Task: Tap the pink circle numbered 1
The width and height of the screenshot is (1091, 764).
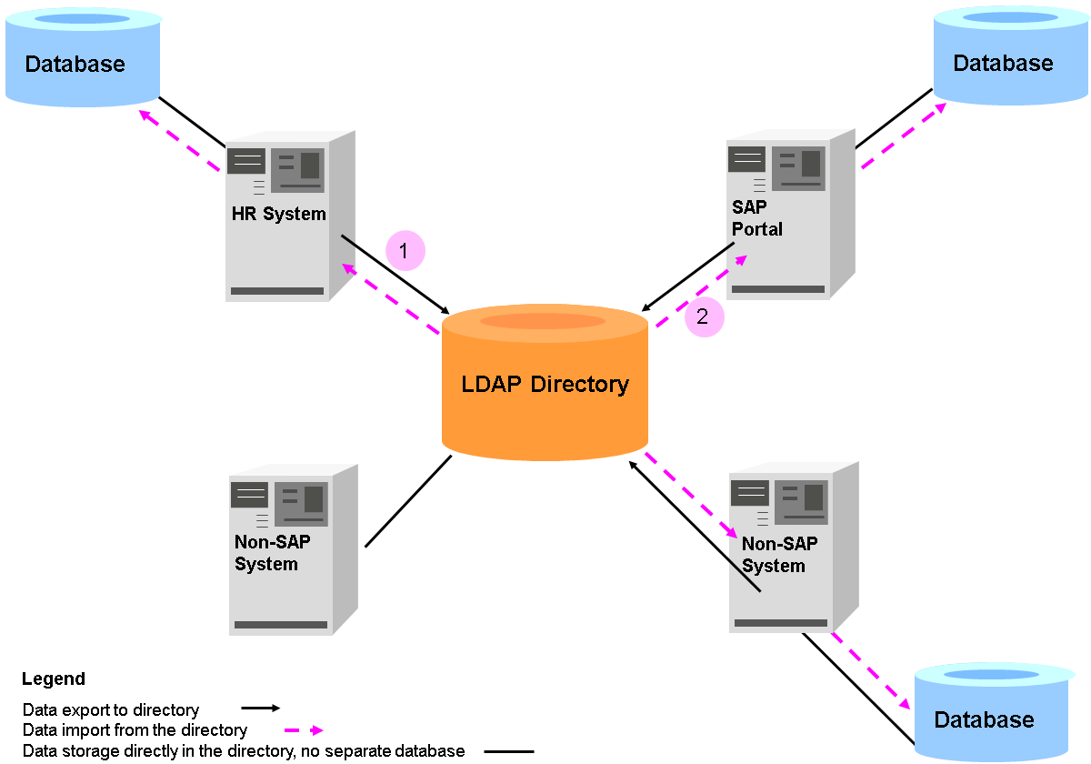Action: pyautogui.click(x=405, y=249)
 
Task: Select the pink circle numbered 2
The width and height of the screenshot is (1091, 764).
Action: pyautogui.click(x=704, y=317)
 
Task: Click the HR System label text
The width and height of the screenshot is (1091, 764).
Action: pyautogui.click(x=278, y=215)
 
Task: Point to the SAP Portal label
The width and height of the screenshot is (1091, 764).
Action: pyautogui.click(x=756, y=218)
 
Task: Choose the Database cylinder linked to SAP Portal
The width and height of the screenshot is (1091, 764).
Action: pyautogui.click(x=1003, y=56)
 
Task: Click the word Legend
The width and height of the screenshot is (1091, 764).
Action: pyautogui.click(x=54, y=679)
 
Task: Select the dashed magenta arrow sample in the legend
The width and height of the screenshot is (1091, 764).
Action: pyautogui.click(x=303, y=730)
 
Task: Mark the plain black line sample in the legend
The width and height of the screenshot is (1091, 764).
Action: pyautogui.click(x=508, y=752)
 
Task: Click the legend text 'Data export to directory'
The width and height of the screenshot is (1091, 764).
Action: pyautogui.click(x=111, y=710)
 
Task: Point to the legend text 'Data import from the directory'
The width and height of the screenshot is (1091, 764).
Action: pyautogui.click(x=135, y=730)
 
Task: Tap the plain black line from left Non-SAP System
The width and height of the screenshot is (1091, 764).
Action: pyautogui.click(x=408, y=501)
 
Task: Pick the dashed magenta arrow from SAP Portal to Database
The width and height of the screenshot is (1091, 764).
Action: pyautogui.click(x=903, y=136)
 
